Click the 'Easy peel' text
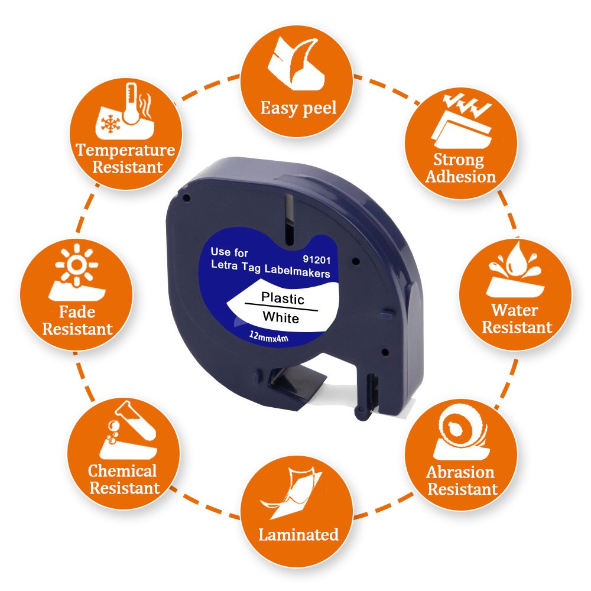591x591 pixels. [298, 109]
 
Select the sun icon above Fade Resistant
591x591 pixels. [76, 264]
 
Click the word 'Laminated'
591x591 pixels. [298, 535]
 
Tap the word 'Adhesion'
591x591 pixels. [460, 176]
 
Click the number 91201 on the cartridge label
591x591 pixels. [317, 259]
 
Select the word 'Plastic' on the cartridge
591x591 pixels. [282, 298]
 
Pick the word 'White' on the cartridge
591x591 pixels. [281, 317]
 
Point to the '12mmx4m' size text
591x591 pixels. [269, 336]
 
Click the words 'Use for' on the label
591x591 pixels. [229, 252]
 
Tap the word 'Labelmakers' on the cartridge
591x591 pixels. [297, 271]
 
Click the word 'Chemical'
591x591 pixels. [122, 471]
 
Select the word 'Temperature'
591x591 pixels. [125, 150]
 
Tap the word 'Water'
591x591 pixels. [515, 310]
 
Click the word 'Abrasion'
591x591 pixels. [460, 472]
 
